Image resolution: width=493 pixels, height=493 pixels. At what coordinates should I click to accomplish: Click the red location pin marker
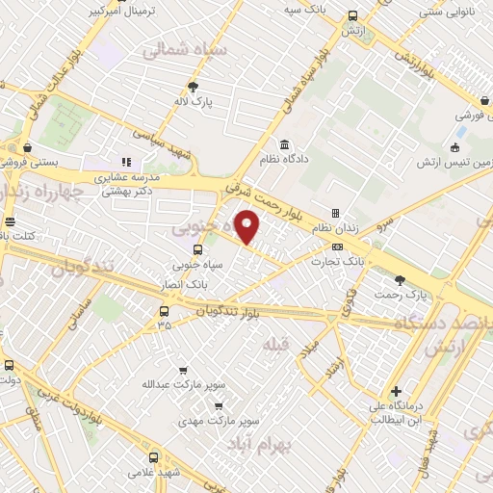point(248,226)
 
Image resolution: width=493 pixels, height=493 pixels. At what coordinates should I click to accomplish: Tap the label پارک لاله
point(194,100)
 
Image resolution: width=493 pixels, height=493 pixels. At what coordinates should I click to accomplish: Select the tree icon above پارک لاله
point(194,87)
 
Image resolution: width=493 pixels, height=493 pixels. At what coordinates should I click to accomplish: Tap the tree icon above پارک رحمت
point(400,279)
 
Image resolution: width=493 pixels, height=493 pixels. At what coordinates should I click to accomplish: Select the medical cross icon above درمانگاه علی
point(396,391)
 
